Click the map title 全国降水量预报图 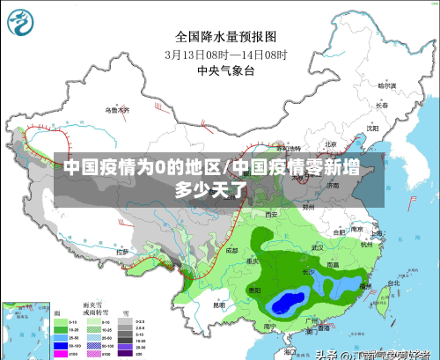pos(226,36)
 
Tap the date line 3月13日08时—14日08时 pos(226,53)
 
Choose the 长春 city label pos(381,105)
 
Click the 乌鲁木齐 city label pos(117,111)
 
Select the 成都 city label pos(231,250)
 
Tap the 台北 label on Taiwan pos(381,284)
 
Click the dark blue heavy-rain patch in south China pos(286,304)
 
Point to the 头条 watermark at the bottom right pos(326,354)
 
